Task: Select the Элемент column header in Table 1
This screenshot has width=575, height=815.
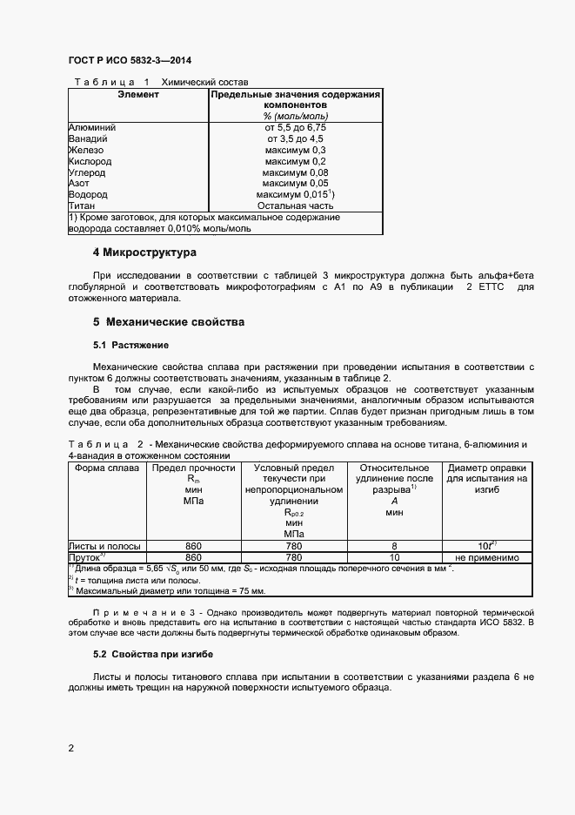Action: point(138,94)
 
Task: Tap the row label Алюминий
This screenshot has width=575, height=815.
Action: point(92,127)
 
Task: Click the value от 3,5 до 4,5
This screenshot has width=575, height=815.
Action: point(295,138)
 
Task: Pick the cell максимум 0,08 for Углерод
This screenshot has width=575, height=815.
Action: point(295,172)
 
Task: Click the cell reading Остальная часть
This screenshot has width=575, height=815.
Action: point(295,206)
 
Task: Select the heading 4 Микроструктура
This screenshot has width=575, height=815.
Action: point(144,253)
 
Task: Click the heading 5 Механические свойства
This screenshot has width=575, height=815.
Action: point(169,322)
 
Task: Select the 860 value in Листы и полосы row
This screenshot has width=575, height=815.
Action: point(193,546)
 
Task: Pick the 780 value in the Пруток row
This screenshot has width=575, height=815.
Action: point(293,557)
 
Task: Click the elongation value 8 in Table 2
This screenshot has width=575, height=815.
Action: point(395,546)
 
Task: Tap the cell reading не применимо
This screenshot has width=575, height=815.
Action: point(486,557)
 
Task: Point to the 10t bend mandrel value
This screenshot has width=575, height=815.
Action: point(486,546)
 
